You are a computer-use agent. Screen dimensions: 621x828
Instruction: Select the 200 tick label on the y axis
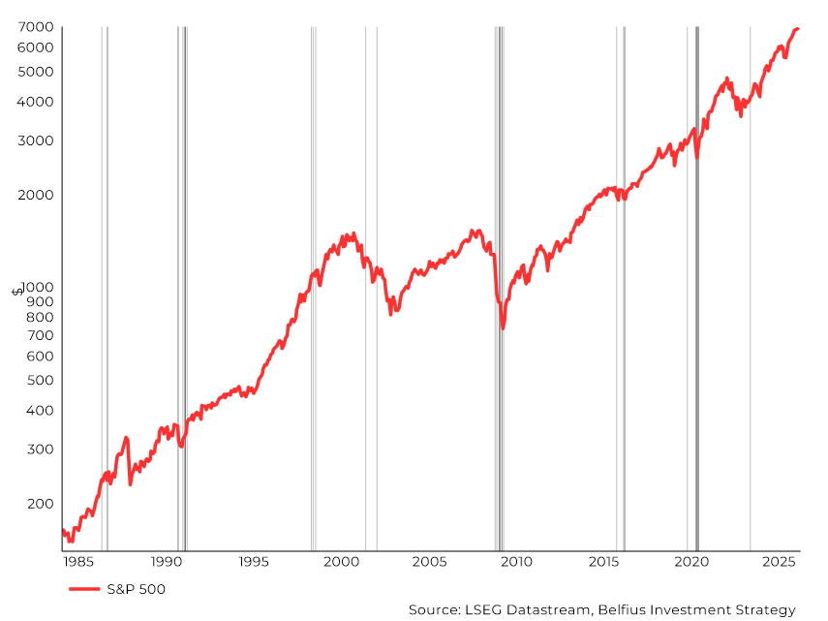[x=41, y=504]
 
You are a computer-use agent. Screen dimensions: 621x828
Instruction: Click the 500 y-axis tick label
[x=41, y=380]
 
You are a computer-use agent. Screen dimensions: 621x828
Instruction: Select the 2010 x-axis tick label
[x=516, y=562]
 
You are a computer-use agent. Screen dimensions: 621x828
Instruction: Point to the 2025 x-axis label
[x=779, y=562]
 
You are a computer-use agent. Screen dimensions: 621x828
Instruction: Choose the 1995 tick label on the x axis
[x=254, y=562]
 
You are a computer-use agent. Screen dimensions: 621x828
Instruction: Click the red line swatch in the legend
[x=84, y=588]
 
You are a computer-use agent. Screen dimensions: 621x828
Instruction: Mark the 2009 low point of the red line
[x=503, y=328]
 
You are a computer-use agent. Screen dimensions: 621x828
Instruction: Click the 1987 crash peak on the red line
[x=126, y=438]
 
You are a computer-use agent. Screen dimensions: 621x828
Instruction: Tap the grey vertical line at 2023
[x=750, y=291]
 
